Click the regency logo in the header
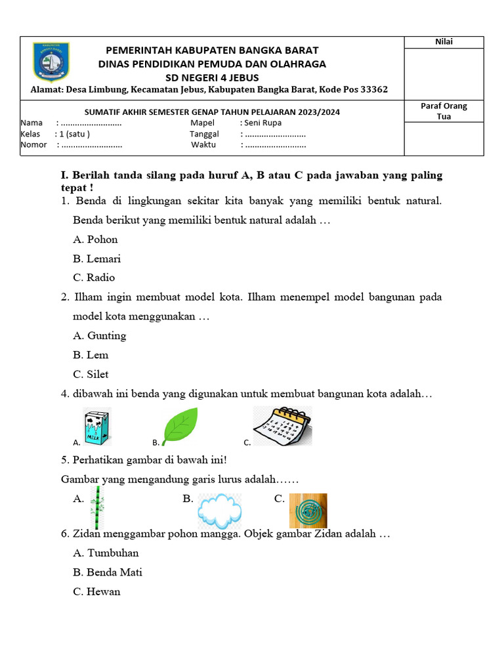[51, 64]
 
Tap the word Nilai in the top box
[444, 43]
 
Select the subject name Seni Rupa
[262, 123]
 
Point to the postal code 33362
[372, 90]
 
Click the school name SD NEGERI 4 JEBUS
[212, 77]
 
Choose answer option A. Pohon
[96, 240]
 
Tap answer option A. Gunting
[100, 336]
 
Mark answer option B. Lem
[91, 355]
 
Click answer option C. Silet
[91, 375]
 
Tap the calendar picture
[282, 426]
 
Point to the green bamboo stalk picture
[98, 507]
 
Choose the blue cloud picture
[219, 511]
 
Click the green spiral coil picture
[308, 511]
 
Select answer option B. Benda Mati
[108, 572]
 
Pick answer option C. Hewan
[97, 592]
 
